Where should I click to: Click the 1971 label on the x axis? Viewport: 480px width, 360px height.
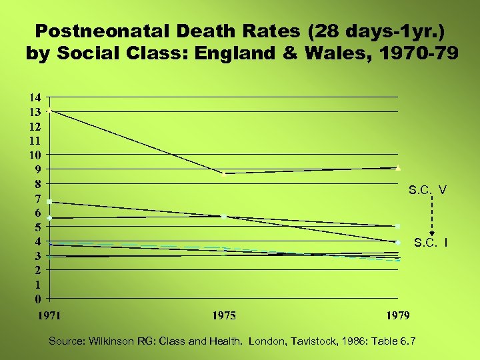[x=49, y=315]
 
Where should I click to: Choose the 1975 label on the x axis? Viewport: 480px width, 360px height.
[x=224, y=315]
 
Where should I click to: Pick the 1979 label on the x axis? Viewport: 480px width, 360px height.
[x=397, y=315]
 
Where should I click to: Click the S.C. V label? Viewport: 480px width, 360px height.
[x=427, y=190]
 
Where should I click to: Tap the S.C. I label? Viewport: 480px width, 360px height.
[x=430, y=242]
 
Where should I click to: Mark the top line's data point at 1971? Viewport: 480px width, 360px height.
[x=50, y=111]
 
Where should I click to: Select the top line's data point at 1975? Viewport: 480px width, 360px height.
[x=225, y=173]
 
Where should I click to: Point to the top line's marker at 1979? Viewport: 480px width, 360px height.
[x=398, y=167]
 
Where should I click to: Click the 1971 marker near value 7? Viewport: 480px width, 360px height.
[x=50, y=201]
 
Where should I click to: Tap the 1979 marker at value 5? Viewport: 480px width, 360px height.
[x=398, y=227]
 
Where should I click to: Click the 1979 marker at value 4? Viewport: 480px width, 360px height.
[x=398, y=242]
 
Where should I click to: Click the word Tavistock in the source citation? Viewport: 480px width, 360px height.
[x=317, y=341]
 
